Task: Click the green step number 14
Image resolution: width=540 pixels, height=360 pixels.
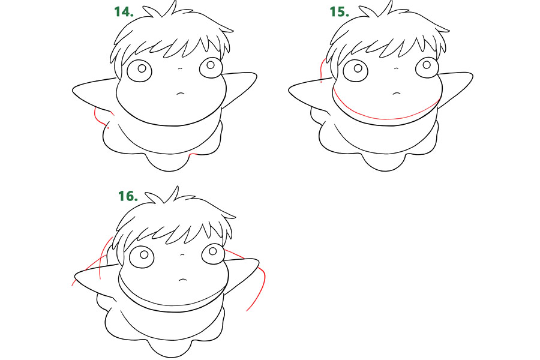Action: tap(124, 12)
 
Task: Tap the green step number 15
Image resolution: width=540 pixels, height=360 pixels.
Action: tap(339, 12)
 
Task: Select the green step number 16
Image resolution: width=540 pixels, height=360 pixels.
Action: tap(128, 196)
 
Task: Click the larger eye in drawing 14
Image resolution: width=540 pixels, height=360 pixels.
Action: tap(139, 71)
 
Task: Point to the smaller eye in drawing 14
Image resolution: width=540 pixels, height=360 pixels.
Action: tap(211, 67)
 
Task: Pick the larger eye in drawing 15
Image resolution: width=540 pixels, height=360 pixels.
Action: tap(355, 71)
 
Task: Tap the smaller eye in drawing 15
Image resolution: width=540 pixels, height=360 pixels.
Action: tap(427, 67)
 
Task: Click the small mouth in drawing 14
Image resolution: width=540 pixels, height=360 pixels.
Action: tap(181, 94)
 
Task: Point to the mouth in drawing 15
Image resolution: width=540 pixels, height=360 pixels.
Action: tap(397, 94)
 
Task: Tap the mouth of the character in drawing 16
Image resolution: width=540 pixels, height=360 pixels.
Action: tap(183, 280)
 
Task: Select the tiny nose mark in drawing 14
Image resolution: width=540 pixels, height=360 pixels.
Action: tap(180, 68)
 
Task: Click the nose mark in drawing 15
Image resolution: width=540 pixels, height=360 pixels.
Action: tap(396, 68)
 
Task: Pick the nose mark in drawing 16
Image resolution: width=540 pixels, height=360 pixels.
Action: tap(182, 254)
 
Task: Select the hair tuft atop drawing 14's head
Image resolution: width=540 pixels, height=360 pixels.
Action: tap(160, 10)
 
